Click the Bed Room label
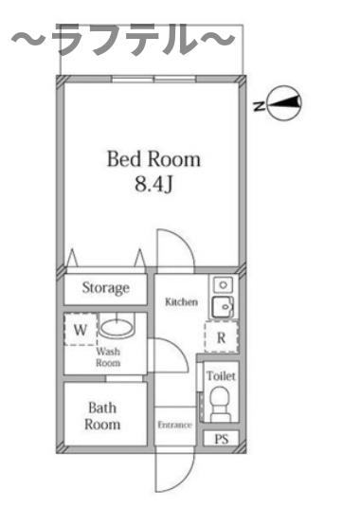(153, 159)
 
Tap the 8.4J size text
(153, 185)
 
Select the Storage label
(105, 288)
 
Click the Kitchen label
(181, 302)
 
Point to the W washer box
(81, 329)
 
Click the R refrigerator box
(222, 337)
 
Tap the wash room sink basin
(116, 327)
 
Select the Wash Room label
(108, 357)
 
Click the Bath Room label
(102, 416)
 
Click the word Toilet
(221, 376)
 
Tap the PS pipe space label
(222, 439)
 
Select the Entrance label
(175, 425)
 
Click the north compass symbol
(284, 103)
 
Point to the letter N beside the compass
(258, 106)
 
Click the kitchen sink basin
(223, 306)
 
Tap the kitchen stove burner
(223, 284)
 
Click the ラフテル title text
(123, 40)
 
